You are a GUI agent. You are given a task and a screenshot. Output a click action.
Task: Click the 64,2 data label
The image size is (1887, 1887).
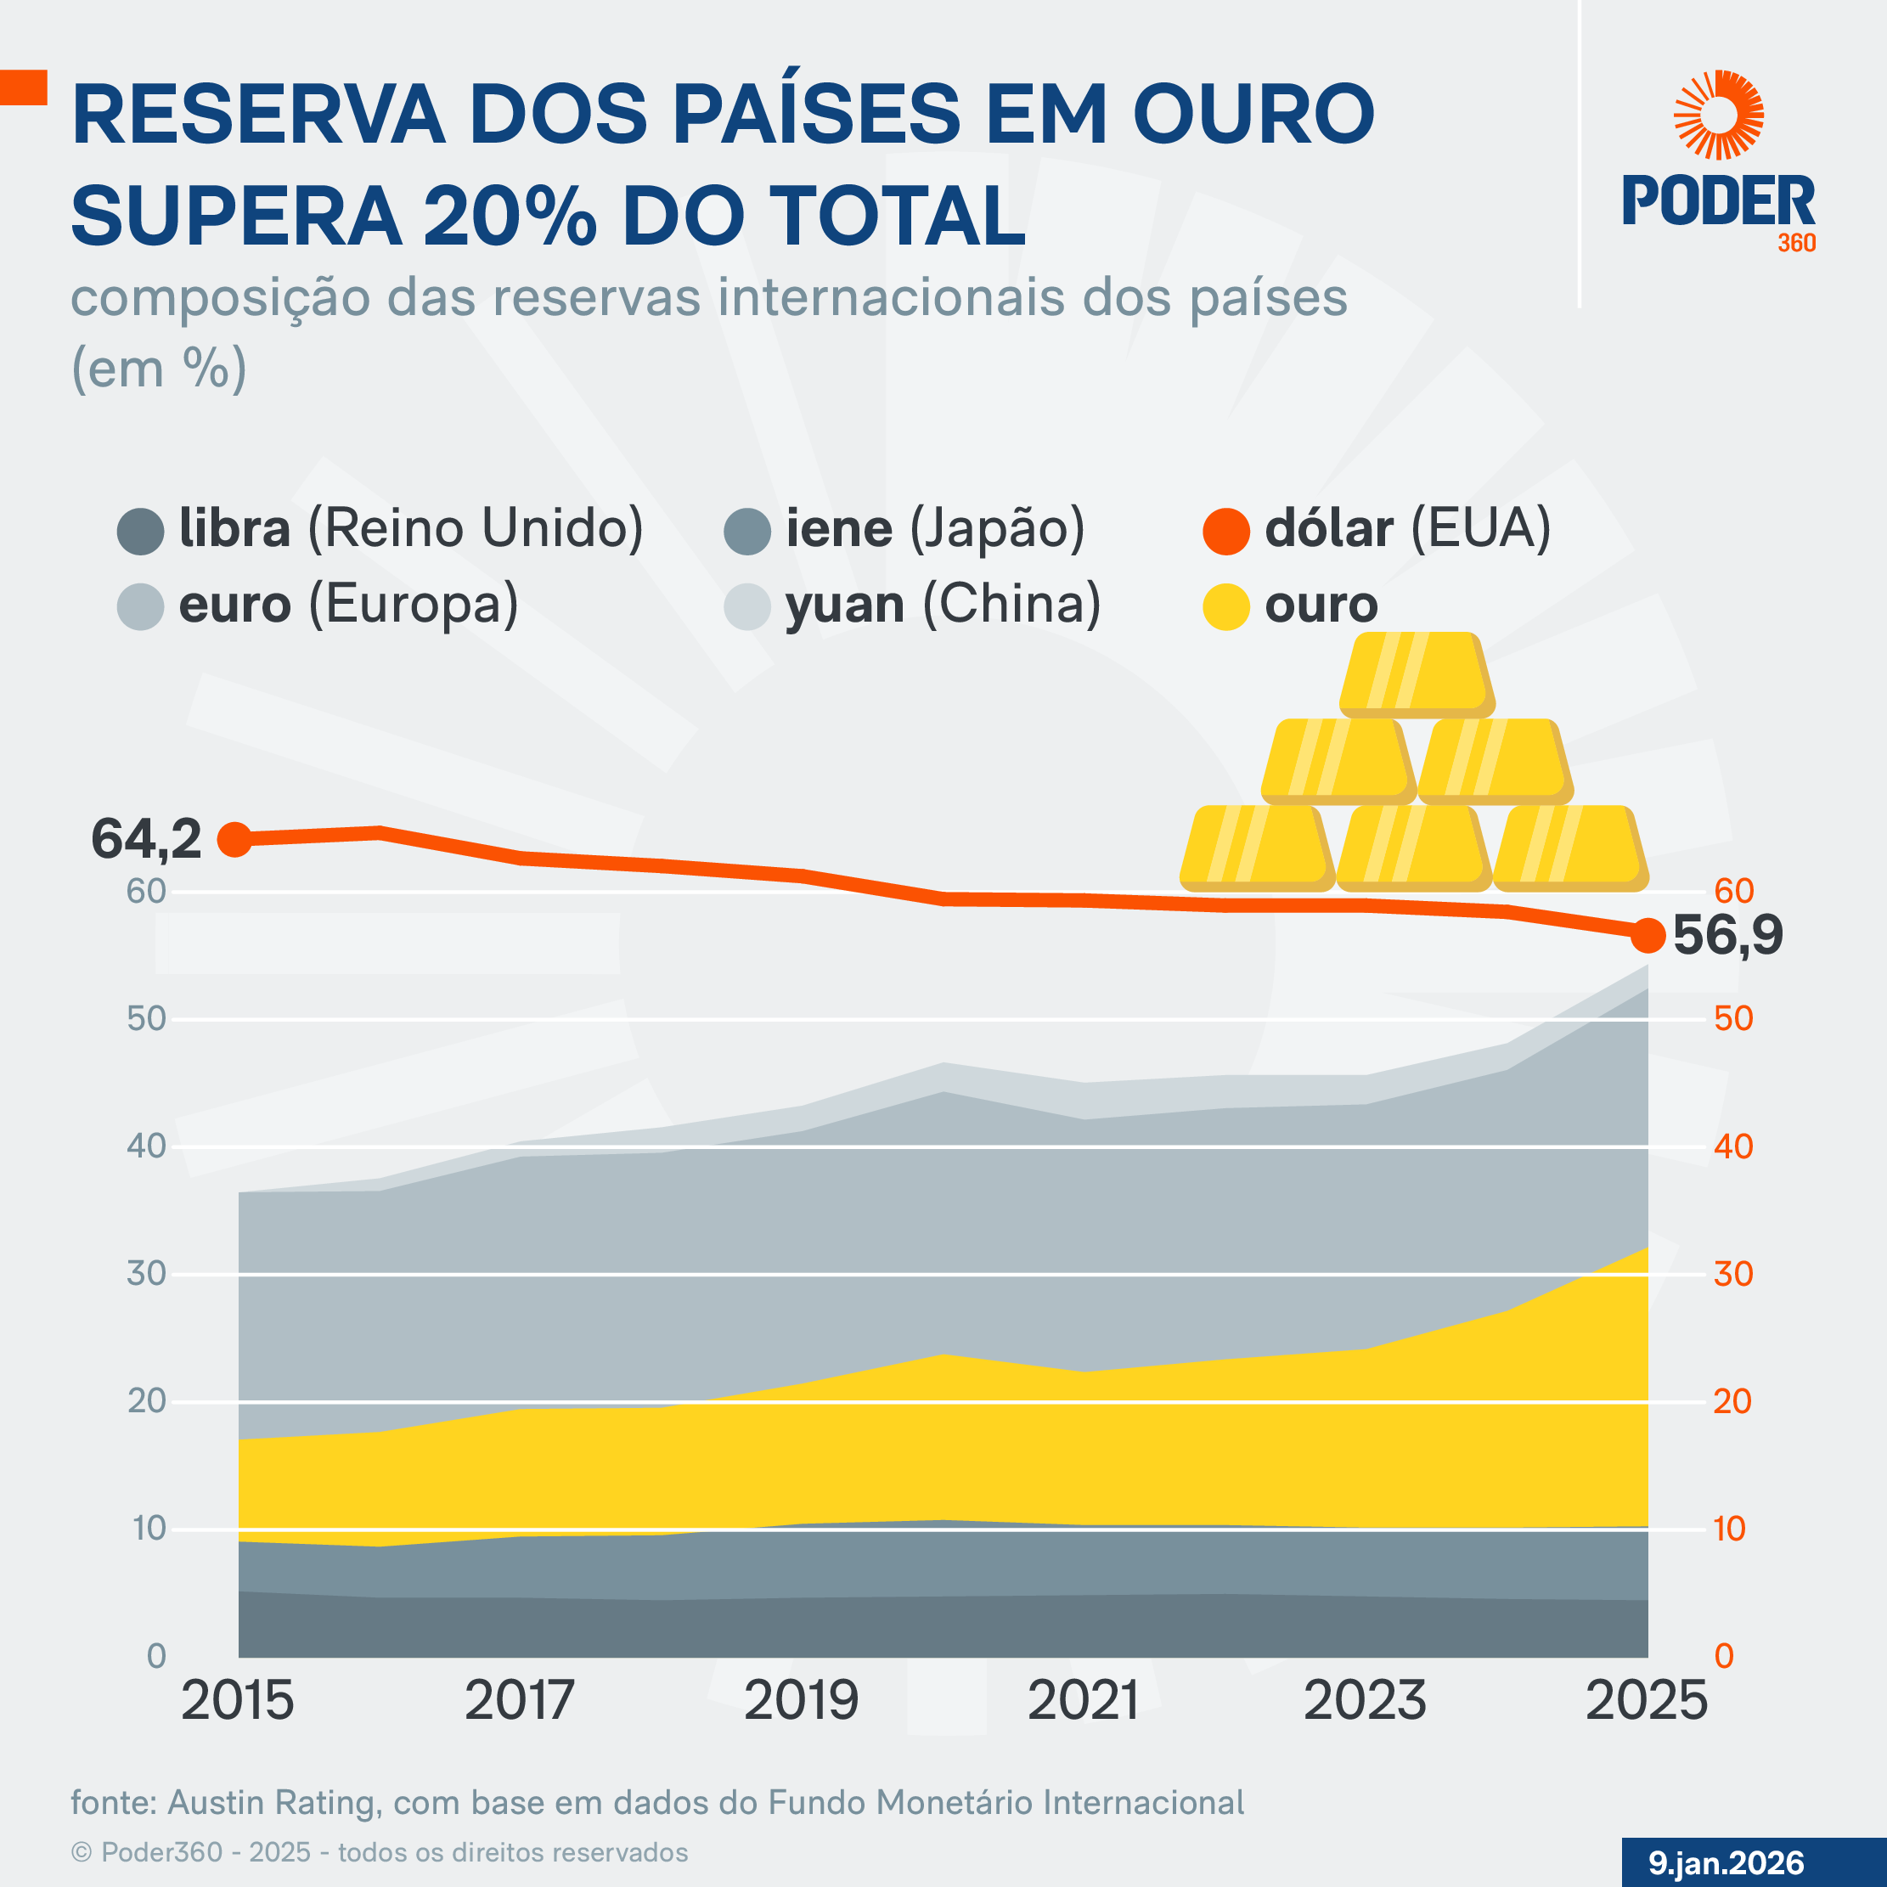(147, 840)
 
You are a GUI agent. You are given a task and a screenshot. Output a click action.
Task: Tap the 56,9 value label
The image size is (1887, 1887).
(1726, 935)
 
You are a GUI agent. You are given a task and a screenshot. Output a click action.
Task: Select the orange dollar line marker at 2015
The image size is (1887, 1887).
(234, 839)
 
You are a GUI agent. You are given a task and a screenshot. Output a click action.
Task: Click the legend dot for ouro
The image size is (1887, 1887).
(1225, 606)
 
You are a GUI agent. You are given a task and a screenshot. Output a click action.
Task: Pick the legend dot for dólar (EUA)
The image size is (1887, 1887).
(1225, 532)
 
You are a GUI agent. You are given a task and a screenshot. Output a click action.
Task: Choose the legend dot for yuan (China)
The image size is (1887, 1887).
(747, 606)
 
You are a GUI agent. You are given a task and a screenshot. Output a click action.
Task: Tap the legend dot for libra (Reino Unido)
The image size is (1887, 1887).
(139, 532)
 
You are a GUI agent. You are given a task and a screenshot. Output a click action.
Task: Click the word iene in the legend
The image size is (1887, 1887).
(838, 528)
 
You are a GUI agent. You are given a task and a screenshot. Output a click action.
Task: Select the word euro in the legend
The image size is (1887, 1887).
(234, 605)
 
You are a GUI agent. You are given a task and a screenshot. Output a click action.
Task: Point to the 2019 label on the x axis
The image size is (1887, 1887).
(801, 1700)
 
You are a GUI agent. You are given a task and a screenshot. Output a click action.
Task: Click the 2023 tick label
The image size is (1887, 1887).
(1365, 1700)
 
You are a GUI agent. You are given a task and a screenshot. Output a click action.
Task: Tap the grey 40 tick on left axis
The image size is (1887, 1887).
(147, 1146)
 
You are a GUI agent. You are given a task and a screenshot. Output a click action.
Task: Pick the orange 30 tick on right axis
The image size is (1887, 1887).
(1733, 1274)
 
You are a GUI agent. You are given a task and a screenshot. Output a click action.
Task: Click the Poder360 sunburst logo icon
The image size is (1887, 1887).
(1718, 115)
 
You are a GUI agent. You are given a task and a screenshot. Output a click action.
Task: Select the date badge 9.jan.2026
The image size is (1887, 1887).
(1726, 1862)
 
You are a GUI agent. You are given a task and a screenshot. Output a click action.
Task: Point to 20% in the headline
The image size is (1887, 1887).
(509, 216)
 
